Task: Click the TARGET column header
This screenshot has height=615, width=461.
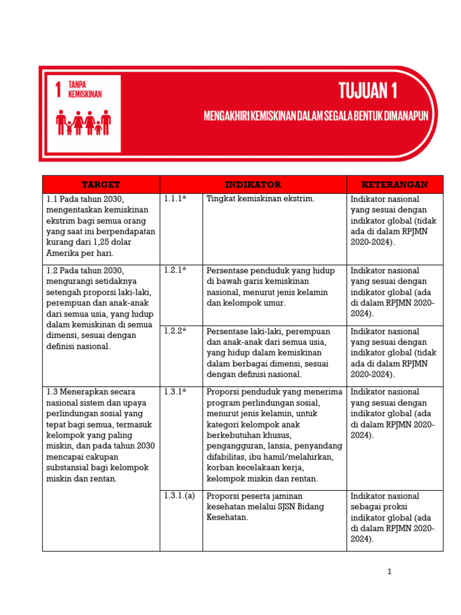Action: point(101,184)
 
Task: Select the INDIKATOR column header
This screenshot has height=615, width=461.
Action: point(253,184)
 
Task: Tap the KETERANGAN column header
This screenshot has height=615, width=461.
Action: point(394,184)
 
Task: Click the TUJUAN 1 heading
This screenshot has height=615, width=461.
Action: point(368,91)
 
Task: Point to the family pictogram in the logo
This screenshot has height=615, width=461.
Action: point(83,123)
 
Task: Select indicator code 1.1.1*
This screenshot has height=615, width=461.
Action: point(175,199)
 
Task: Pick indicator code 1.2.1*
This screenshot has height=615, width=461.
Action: point(175,270)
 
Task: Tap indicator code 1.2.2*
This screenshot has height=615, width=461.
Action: point(175,331)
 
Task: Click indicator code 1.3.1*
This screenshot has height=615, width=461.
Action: point(175,392)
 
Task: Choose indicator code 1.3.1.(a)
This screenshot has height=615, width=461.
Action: point(179,496)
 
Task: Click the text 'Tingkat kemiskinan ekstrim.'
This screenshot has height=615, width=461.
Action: point(260,199)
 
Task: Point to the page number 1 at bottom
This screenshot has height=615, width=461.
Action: point(390,572)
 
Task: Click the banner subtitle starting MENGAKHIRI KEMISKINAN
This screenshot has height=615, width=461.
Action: point(316,116)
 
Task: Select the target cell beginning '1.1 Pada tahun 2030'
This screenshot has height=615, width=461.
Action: point(100,226)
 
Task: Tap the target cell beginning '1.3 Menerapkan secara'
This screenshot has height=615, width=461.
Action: point(100,435)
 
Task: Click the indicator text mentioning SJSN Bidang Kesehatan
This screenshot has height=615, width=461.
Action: point(265,506)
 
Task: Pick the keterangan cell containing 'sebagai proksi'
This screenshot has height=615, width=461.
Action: point(393,517)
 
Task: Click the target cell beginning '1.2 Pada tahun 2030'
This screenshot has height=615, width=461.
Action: point(100,308)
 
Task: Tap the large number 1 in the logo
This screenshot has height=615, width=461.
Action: point(58,90)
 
